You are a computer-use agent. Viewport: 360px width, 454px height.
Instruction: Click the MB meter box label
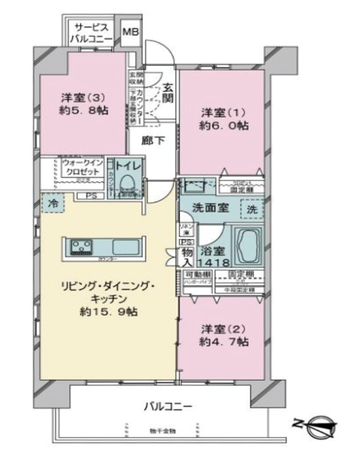[x=130, y=33]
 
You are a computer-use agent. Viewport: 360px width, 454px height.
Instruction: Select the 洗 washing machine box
[x=250, y=209]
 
